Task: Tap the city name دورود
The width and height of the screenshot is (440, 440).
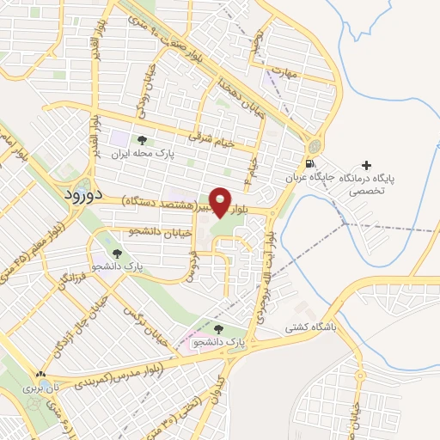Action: click(x=84, y=194)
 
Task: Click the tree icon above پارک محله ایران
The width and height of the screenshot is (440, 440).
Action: click(x=142, y=140)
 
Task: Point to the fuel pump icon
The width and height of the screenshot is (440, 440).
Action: click(x=309, y=163)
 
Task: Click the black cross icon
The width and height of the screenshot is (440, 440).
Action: click(x=367, y=165)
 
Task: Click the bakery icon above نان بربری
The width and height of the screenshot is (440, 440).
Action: click(x=40, y=375)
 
